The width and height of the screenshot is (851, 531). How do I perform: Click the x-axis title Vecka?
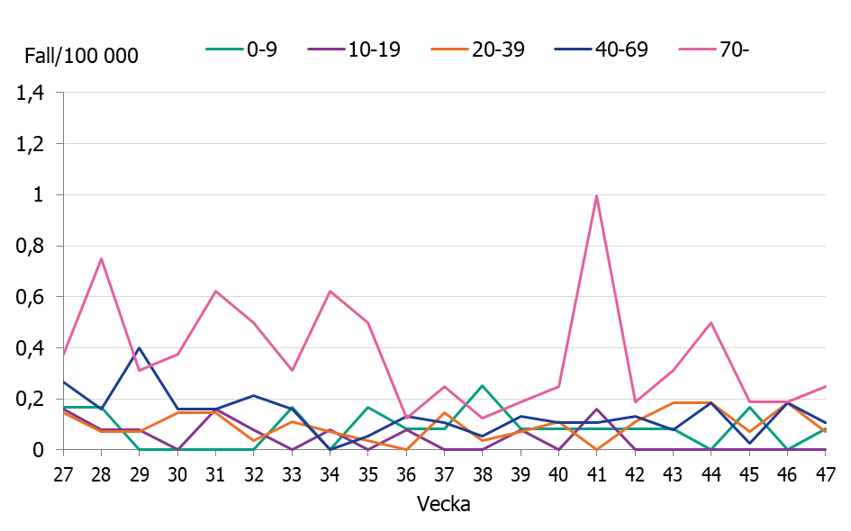(x=443, y=504)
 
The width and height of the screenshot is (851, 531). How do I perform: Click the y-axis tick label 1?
(x=38, y=194)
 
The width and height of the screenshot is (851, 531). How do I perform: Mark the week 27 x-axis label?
(x=62, y=473)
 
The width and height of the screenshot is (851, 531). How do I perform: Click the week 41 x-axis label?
(x=596, y=473)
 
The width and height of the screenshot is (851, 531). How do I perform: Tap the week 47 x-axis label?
(x=825, y=473)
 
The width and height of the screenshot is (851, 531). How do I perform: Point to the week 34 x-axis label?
(x=330, y=473)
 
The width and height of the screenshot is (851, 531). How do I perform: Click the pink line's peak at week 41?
(x=596, y=195)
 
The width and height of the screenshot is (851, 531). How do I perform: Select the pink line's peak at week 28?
(x=101, y=258)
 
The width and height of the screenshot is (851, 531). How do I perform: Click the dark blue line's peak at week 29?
(x=139, y=347)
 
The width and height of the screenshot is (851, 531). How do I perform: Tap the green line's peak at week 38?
(x=482, y=386)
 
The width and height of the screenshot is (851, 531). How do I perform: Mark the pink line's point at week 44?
(x=711, y=322)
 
